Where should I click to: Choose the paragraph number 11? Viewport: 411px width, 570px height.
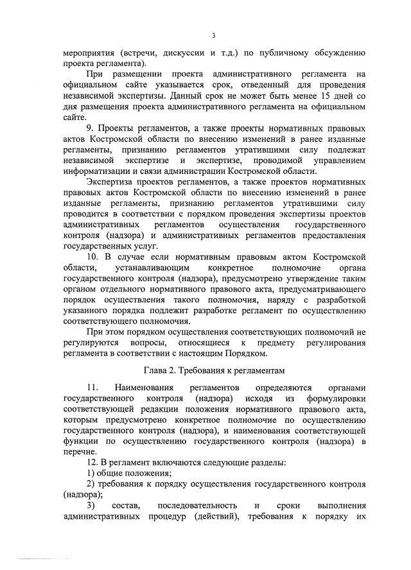pyautogui.click(x=91, y=388)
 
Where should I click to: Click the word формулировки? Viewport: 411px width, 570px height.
pyautogui.click(x=335, y=398)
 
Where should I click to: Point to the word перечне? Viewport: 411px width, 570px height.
pyautogui.click(x=78, y=452)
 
